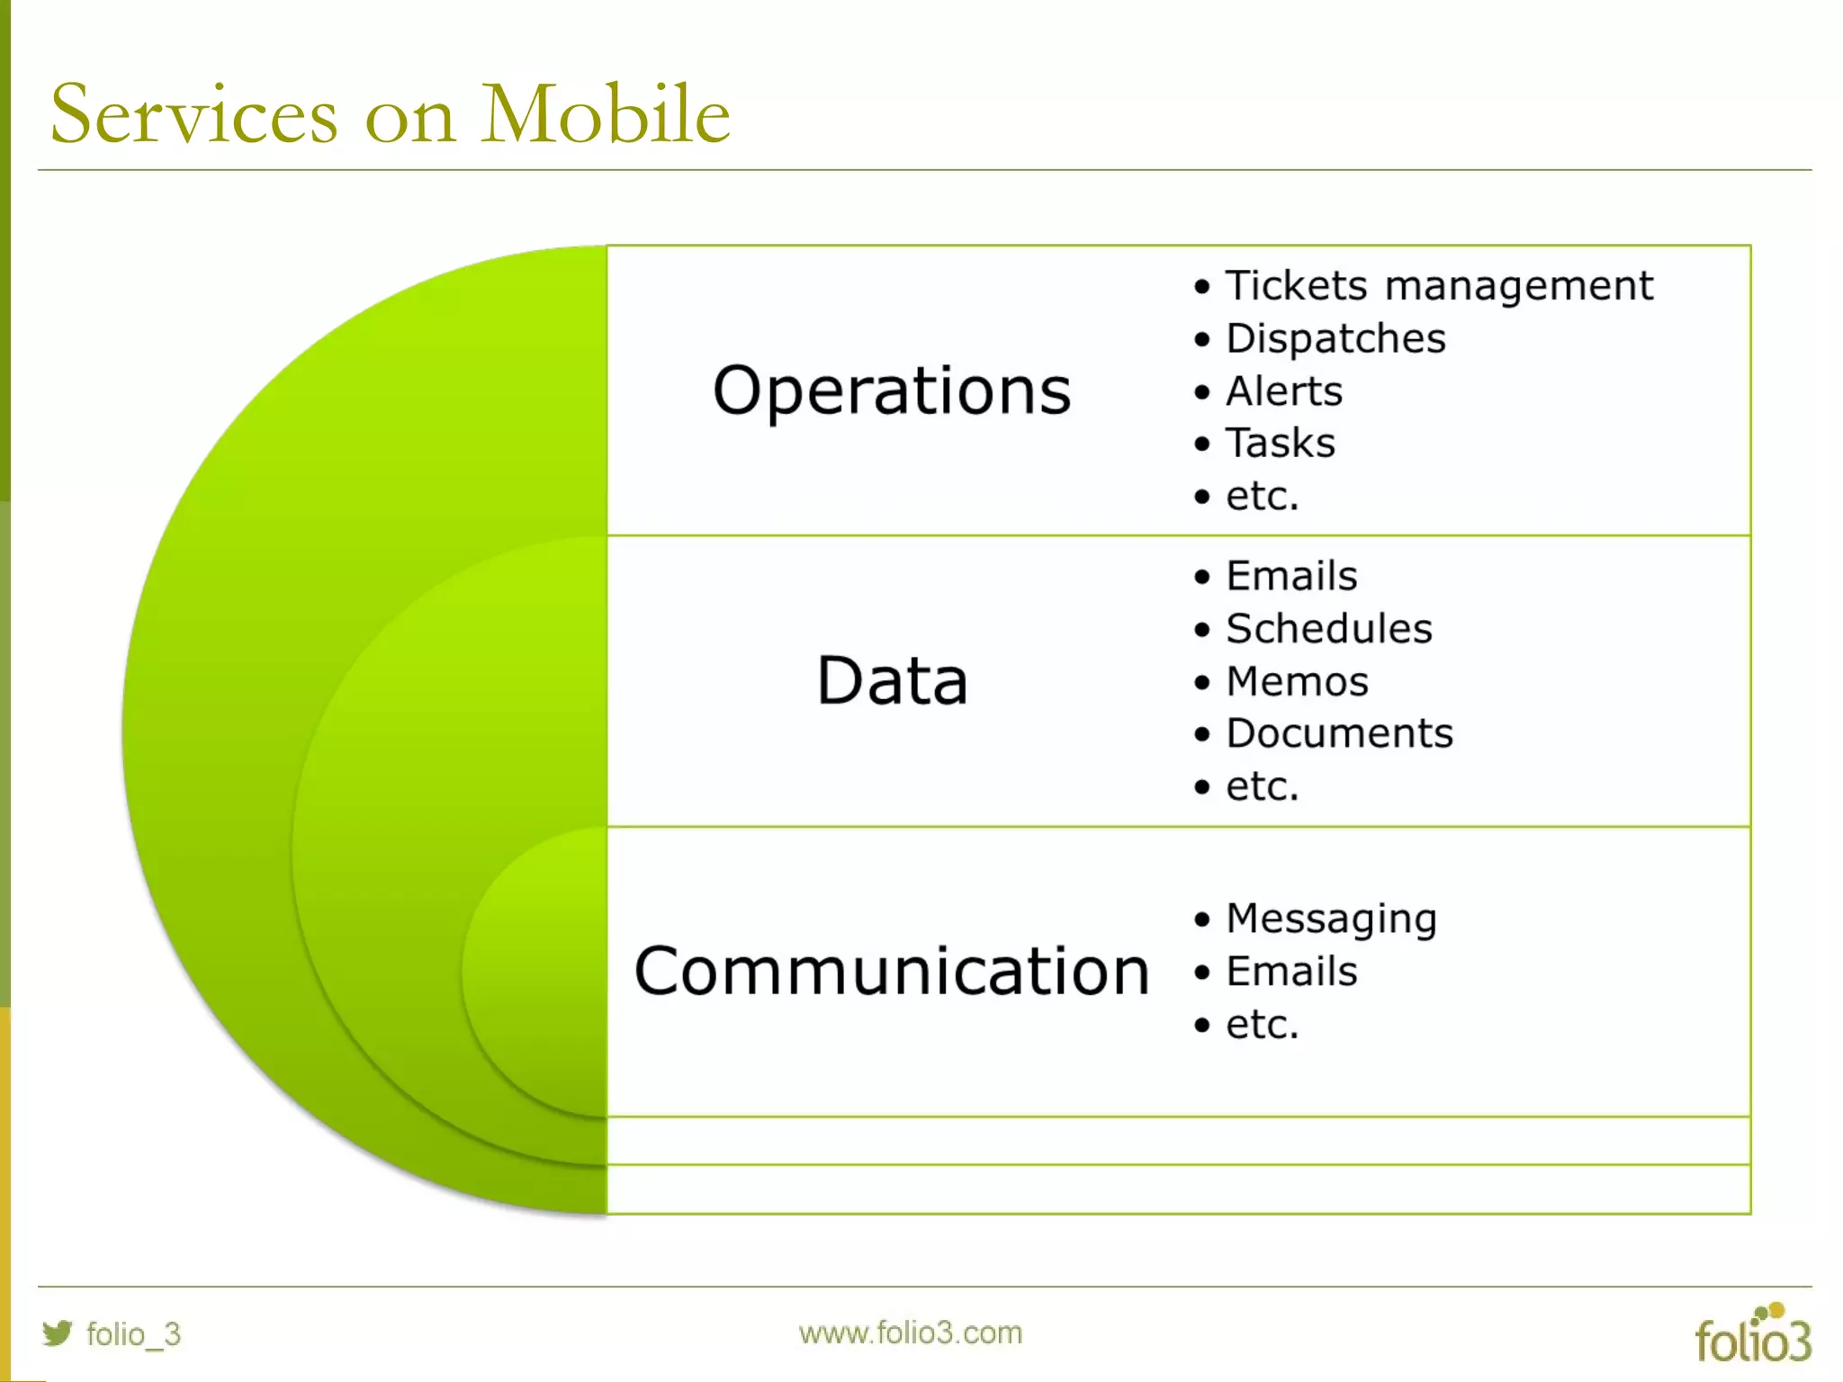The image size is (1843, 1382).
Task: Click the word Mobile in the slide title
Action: tap(605, 114)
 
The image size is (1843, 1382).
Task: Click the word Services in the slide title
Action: tap(194, 114)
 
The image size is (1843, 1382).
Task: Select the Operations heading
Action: tap(892, 391)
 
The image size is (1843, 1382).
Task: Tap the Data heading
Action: tap(892, 681)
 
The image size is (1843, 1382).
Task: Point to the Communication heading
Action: tap(892, 972)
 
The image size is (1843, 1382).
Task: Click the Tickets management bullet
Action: tap(1438, 286)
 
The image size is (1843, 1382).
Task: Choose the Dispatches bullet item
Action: tap(1335, 339)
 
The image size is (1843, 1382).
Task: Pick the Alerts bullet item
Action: tap(1284, 391)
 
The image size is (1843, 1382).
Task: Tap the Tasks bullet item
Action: tap(1281, 444)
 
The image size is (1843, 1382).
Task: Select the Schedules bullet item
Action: tap(1328, 629)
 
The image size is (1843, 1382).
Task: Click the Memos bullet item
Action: tap(1297, 681)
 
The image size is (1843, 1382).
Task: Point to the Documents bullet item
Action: tap(1339, 733)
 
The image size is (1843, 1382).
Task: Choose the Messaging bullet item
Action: tap(1331, 919)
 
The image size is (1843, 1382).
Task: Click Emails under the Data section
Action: tap(1291, 576)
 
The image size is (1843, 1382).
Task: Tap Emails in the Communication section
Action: tap(1291, 972)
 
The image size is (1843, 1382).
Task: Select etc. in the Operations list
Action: tap(1262, 497)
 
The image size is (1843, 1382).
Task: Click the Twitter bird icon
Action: tap(57, 1333)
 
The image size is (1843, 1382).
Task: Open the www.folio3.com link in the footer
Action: tap(910, 1333)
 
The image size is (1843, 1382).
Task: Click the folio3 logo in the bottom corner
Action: tap(1752, 1335)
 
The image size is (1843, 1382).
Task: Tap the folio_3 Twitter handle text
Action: tap(133, 1333)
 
